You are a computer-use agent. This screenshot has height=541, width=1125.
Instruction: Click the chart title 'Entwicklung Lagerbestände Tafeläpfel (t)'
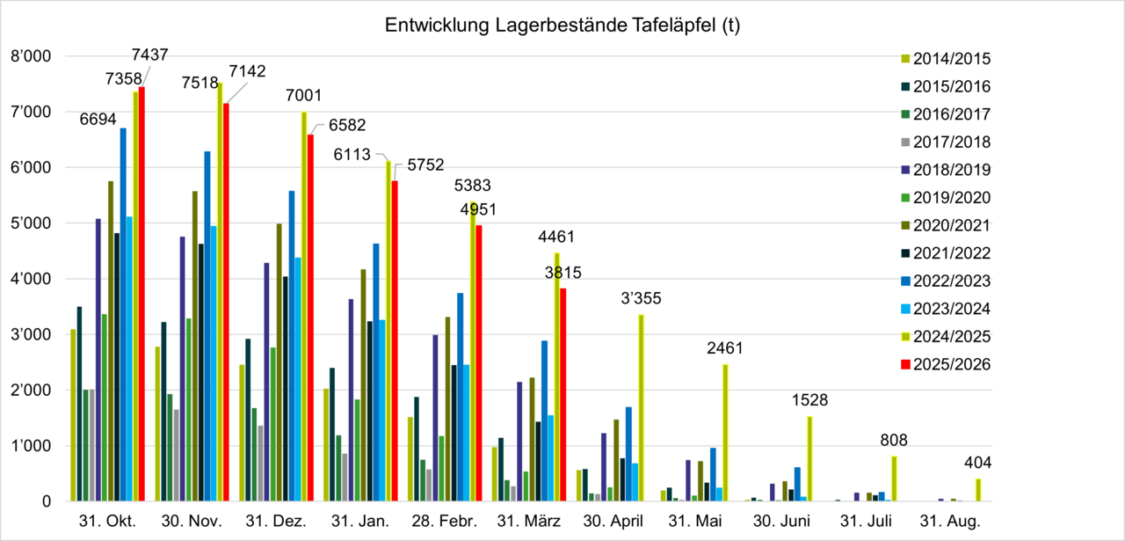[562, 26]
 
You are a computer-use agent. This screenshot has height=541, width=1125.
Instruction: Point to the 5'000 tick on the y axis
[32, 223]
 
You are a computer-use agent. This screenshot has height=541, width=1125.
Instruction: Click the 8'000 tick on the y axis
[32, 57]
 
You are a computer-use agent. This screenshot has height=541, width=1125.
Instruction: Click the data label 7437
[150, 55]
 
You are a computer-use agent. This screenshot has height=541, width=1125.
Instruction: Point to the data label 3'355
[642, 297]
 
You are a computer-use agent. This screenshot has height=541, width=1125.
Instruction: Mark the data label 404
[977, 463]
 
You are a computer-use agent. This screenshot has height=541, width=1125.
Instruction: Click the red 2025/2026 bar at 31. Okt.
[142, 295]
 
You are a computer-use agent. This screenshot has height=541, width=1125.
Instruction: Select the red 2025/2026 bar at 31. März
[563, 396]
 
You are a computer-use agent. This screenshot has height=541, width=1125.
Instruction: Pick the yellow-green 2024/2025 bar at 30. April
[642, 409]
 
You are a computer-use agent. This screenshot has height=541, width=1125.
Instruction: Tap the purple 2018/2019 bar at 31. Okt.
[98, 361]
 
